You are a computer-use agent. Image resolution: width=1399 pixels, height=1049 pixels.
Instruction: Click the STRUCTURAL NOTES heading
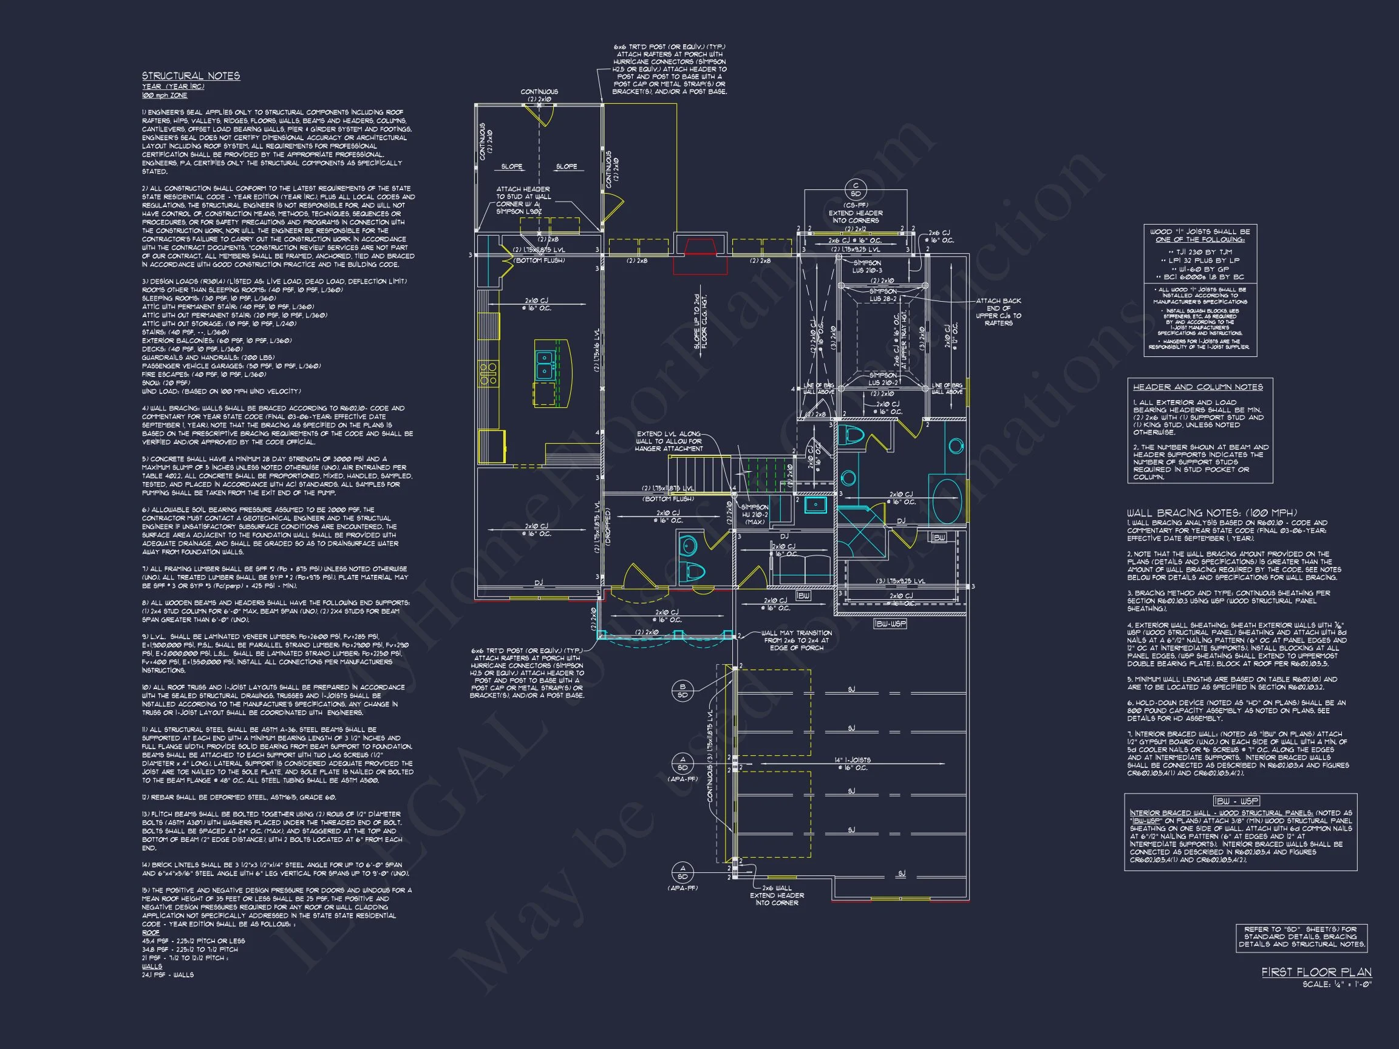coord(191,76)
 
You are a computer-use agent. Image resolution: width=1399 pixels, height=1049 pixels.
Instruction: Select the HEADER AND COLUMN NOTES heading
coord(1198,387)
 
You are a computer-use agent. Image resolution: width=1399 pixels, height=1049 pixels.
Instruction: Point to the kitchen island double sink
coord(545,365)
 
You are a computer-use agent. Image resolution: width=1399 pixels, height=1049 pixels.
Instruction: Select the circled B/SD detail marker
coord(682,690)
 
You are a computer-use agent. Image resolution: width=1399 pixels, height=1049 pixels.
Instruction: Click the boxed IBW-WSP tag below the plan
coord(891,623)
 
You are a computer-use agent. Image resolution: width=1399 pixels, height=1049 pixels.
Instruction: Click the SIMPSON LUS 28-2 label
coord(883,295)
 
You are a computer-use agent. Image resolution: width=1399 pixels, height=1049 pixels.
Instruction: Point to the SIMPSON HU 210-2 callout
coord(755,514)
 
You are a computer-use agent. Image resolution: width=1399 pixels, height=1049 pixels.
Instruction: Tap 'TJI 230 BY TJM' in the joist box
coord(1200,252)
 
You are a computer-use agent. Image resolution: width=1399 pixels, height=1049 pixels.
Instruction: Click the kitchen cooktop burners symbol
coord(488,373)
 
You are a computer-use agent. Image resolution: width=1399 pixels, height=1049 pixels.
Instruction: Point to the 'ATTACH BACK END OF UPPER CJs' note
coord(998,312)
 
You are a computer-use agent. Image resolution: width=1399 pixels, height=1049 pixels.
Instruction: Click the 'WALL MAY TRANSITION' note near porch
coord(796,640)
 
